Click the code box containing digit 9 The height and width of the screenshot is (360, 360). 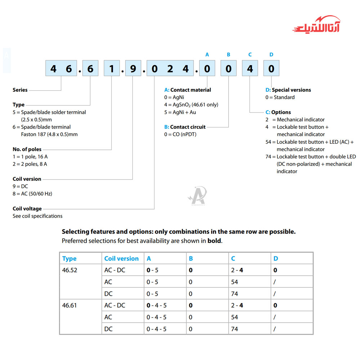coord(133,68)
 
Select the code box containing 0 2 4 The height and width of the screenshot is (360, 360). coord(170,68)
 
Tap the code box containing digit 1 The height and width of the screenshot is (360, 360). coord(112,68)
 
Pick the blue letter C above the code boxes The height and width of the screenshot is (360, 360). coord(250,54)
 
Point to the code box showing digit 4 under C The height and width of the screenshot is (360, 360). coord(250,68)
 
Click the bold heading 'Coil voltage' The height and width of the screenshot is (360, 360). coord(27,208)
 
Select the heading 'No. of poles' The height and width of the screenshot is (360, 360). coord(27,149)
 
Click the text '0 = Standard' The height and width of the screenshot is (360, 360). coord(280,97)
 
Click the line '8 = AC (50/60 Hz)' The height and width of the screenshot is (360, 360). coord(32,194)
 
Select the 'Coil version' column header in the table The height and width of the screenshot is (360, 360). coord(121,258)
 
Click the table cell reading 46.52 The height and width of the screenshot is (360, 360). coord(69,270)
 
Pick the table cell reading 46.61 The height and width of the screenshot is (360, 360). coord(69,305)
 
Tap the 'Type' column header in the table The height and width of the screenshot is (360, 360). coord(69,258)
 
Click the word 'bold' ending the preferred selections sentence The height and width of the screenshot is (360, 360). coord(214,241)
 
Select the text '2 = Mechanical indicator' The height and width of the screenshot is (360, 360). coord(295,120)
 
